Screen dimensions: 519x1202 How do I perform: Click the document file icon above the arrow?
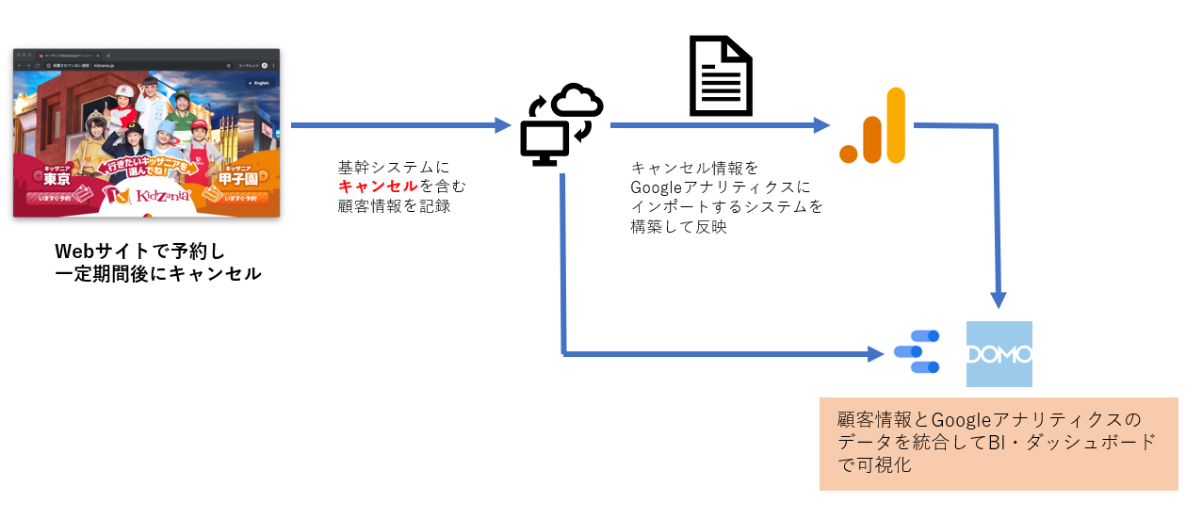click(721, 74)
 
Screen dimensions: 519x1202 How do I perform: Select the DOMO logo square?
click(999, 354)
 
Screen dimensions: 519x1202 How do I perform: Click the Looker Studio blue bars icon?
click(917, 353)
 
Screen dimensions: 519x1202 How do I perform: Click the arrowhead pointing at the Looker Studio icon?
click(880, 354)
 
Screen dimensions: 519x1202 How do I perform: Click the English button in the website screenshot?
click(258, 83)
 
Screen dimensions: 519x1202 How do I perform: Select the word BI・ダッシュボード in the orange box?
click(1071, 441)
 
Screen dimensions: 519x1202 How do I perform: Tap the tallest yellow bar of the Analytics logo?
click(895, 125)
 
